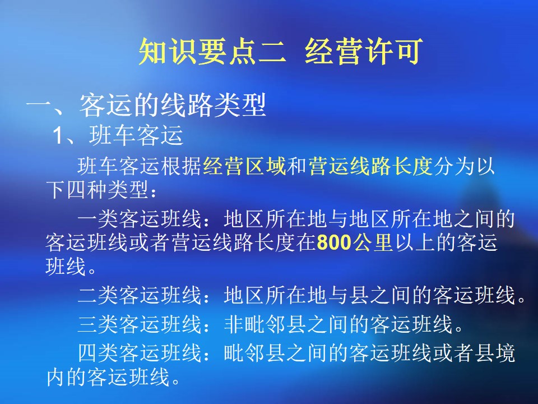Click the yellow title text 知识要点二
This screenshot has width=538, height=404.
tap(212, 52)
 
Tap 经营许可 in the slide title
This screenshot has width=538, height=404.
tap(364, 52)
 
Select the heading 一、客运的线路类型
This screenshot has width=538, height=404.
tap(146, 105)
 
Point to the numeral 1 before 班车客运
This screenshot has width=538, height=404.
tap(58, 135)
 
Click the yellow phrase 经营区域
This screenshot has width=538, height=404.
tap(244, 166)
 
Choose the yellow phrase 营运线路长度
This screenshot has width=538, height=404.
tap(371, 166)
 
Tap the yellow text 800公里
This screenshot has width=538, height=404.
tap(355, 242)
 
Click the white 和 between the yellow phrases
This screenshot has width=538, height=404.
tap(297, 166)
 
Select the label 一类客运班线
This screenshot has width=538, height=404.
tap(139, 219)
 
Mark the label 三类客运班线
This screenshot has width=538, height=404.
tap(139, 324)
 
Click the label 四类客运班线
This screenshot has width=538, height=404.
tap(139, 353)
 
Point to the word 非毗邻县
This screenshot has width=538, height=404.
tap(265, 324)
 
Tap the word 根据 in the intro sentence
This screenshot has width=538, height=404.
tap(182, 166)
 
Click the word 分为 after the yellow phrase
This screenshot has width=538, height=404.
tap(454, 166)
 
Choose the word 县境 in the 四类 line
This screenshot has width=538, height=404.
tap(495, 353)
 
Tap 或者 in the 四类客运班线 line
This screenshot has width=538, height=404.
tap(453, 353)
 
